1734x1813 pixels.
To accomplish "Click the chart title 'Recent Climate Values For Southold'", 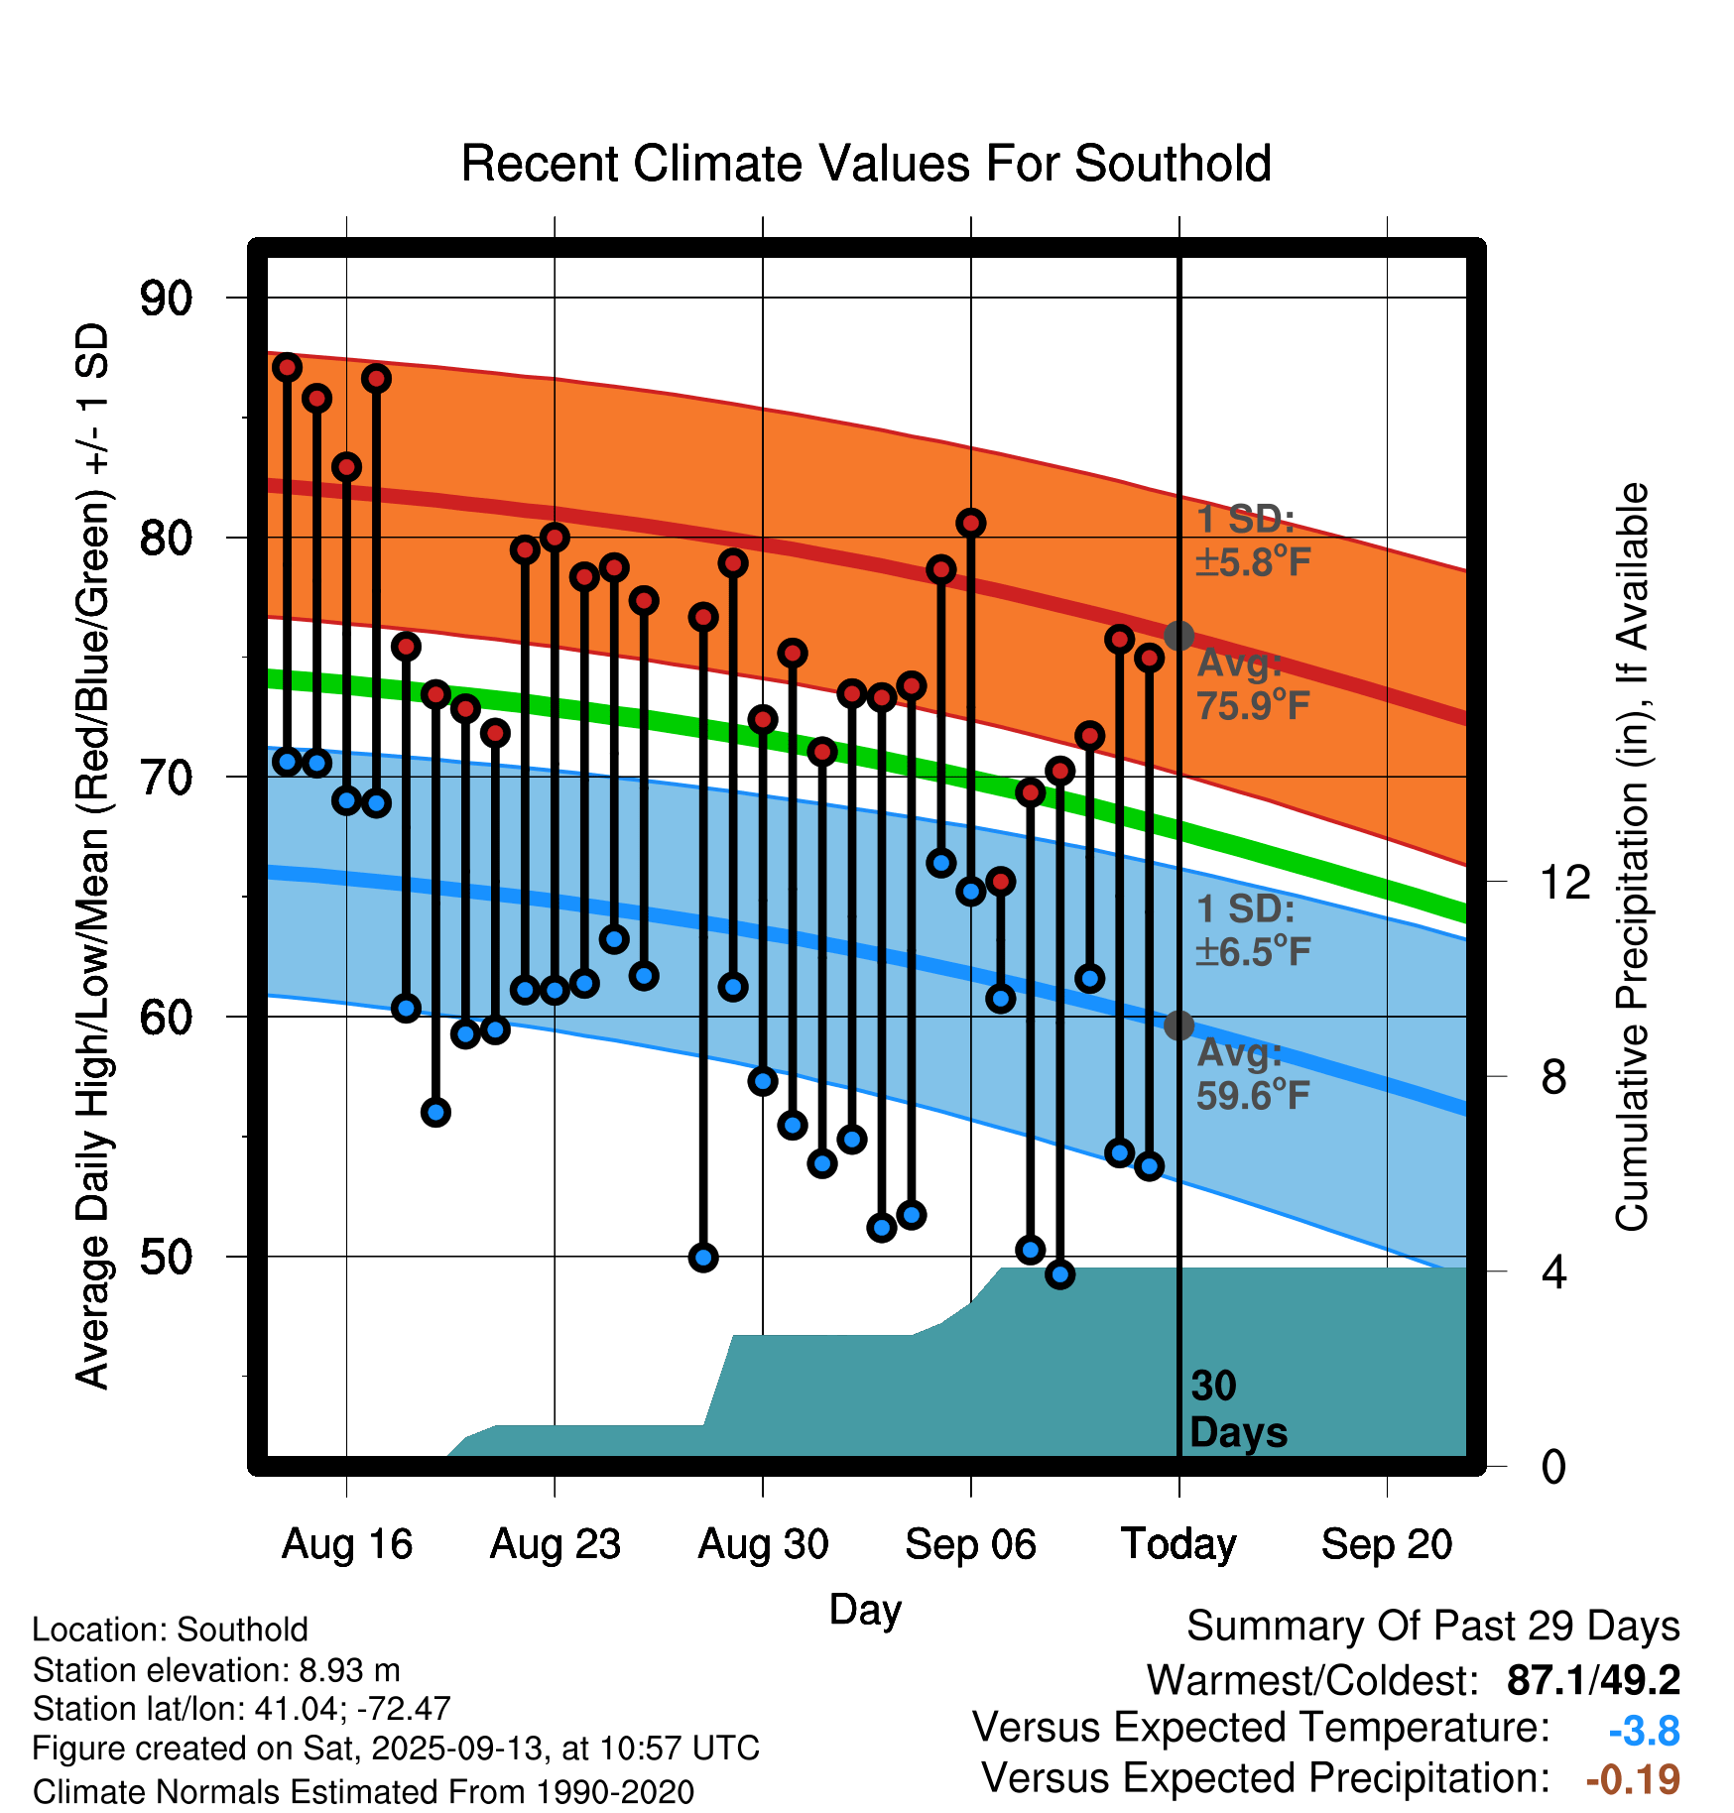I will click(866, 164).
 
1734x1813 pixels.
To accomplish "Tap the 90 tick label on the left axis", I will click(166, 298).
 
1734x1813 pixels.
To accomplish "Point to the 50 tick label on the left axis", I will click(166, 1257).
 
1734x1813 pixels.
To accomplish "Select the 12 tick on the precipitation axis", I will click(1564, 882).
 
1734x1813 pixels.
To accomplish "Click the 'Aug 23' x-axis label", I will click(555, 1544).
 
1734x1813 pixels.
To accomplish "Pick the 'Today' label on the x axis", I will click(1178, 1544).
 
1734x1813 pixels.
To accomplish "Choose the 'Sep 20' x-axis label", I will click(1386, 1544).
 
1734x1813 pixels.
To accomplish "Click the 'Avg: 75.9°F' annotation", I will click(1252, 684).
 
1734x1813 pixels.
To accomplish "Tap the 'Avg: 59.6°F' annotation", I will click(1252, 1074).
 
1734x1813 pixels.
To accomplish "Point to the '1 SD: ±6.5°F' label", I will click(1252, 930).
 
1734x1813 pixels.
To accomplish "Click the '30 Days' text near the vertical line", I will click(1237, 1409).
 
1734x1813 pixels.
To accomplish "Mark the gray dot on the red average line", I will click(1178, 636).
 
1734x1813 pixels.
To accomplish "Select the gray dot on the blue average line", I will click(1178, 1026).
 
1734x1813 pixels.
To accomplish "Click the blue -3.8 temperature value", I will click(1644, 1731).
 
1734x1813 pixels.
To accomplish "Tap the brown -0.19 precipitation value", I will click(1633, 1779).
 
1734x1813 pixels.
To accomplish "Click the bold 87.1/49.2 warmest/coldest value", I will click(1593, 1680).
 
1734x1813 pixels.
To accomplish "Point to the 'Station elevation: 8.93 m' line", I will click(216, 1670).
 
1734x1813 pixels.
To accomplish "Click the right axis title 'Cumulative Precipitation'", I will click(1632, 857).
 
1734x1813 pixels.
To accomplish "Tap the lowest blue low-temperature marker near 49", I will click(1059, 1274).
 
